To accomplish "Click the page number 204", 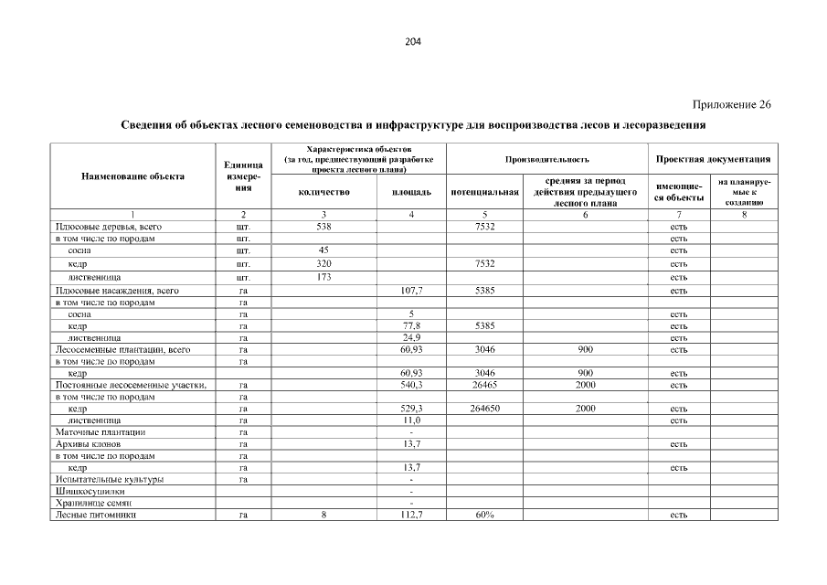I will point(413,41).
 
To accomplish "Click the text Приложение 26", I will point(731,104).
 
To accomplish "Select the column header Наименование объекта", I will point(133,176).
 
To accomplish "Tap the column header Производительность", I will point(547,159).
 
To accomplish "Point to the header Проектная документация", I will point(712,159).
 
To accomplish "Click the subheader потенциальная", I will point(484,193).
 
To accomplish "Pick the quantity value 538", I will point(323,226).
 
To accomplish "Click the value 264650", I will point(484,409).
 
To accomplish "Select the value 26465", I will point(484,385).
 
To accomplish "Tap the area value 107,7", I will point(412,291).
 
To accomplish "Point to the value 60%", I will point(484,516).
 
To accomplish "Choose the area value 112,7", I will point(412,516).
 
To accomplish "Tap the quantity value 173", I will point(323,277).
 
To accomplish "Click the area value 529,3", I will point(412,409).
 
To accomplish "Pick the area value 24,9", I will point(412,337).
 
